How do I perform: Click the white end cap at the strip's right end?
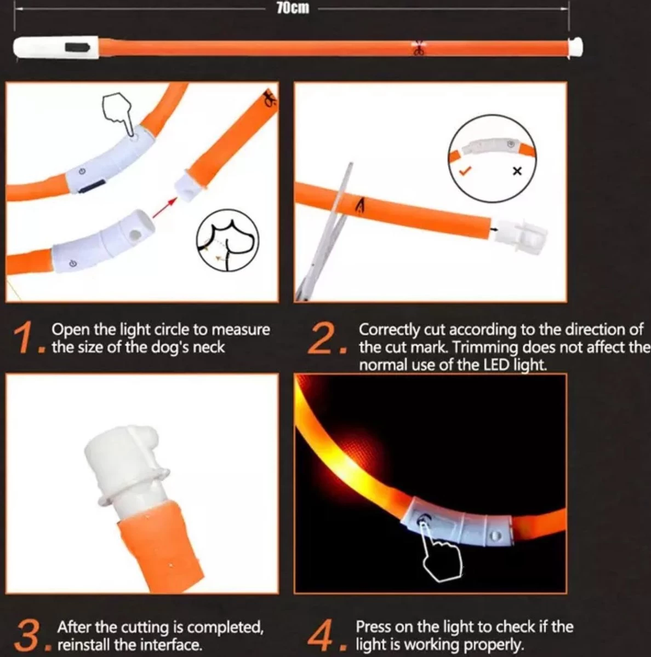[x=575, y=47]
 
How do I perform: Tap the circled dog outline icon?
[x=227, y=240]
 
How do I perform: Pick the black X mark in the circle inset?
[x=517, y=171]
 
